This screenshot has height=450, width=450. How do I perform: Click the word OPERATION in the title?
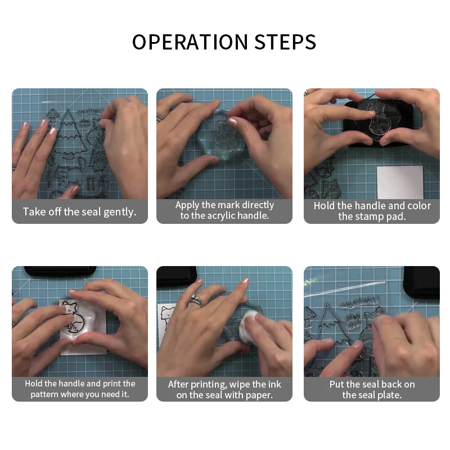tap(190, 42)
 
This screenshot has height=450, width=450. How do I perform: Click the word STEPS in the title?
tap(285, 42)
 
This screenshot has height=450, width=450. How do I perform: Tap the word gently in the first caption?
tap(120, 213)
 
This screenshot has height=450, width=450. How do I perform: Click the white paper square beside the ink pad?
tap(400, 182)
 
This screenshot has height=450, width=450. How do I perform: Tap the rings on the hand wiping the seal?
tap(197, 300)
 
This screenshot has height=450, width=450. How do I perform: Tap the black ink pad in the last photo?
tap(421, 282)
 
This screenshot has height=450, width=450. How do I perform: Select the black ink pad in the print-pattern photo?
tap(60, 272)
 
